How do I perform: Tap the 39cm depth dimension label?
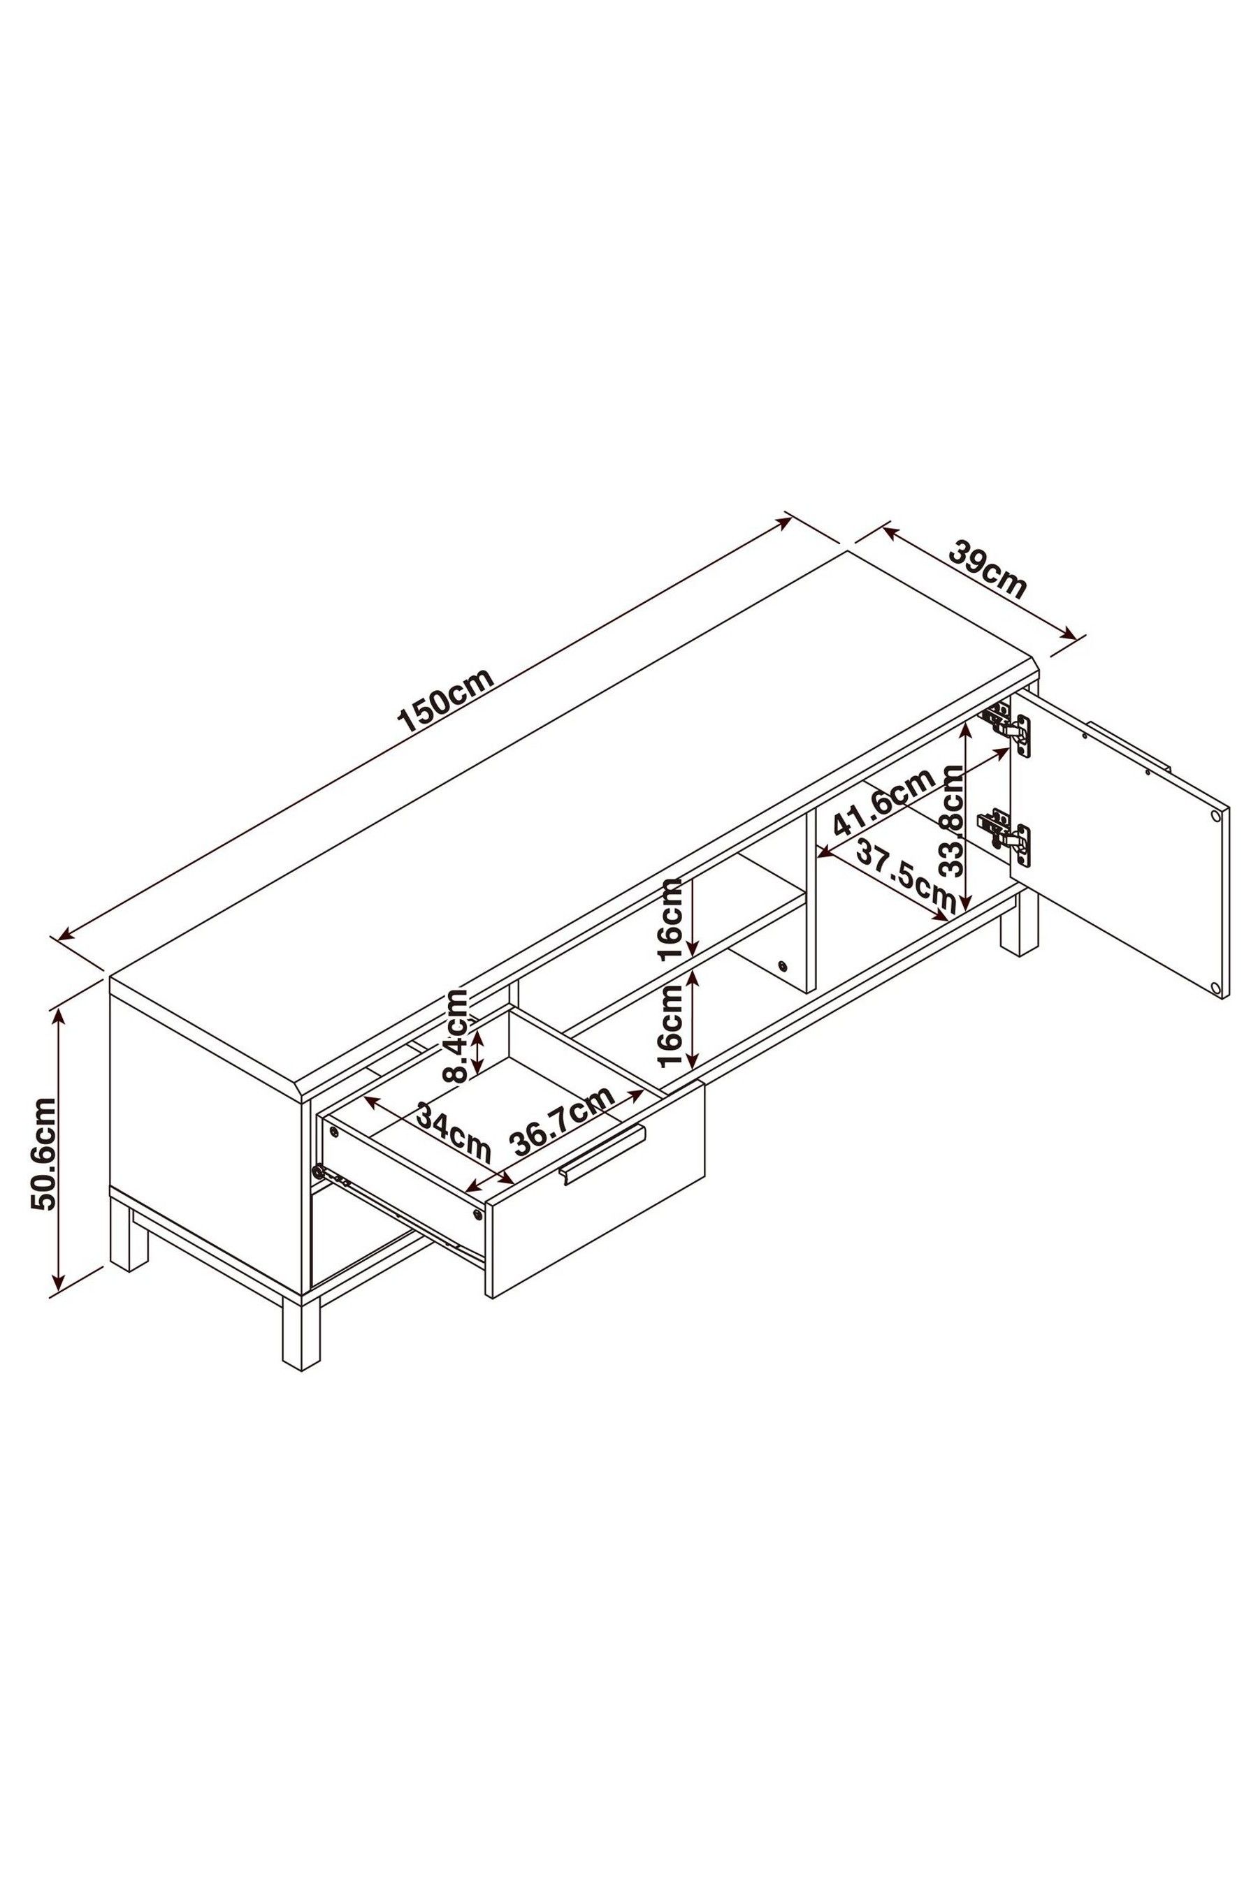coord(988,569)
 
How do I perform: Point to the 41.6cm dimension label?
coord(884,803)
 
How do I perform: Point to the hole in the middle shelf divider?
coord(783,965)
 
